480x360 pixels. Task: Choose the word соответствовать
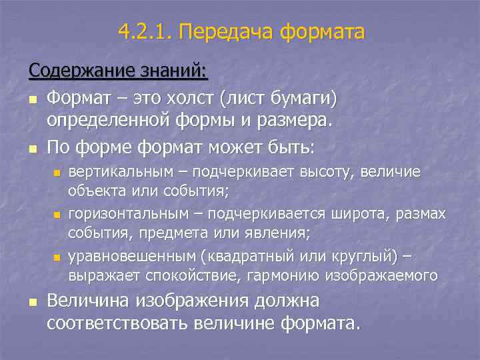pyautogui.click(x=120, y=323)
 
